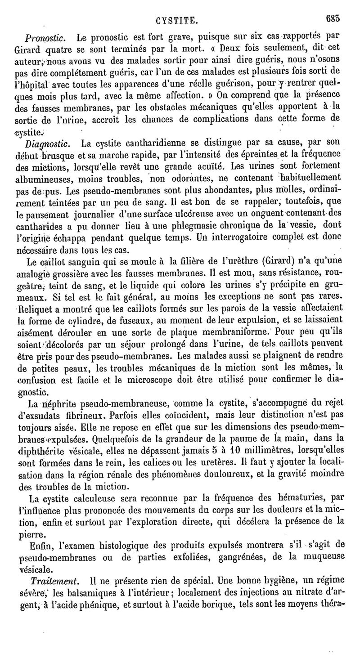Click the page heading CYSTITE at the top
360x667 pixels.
coord(175,20)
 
